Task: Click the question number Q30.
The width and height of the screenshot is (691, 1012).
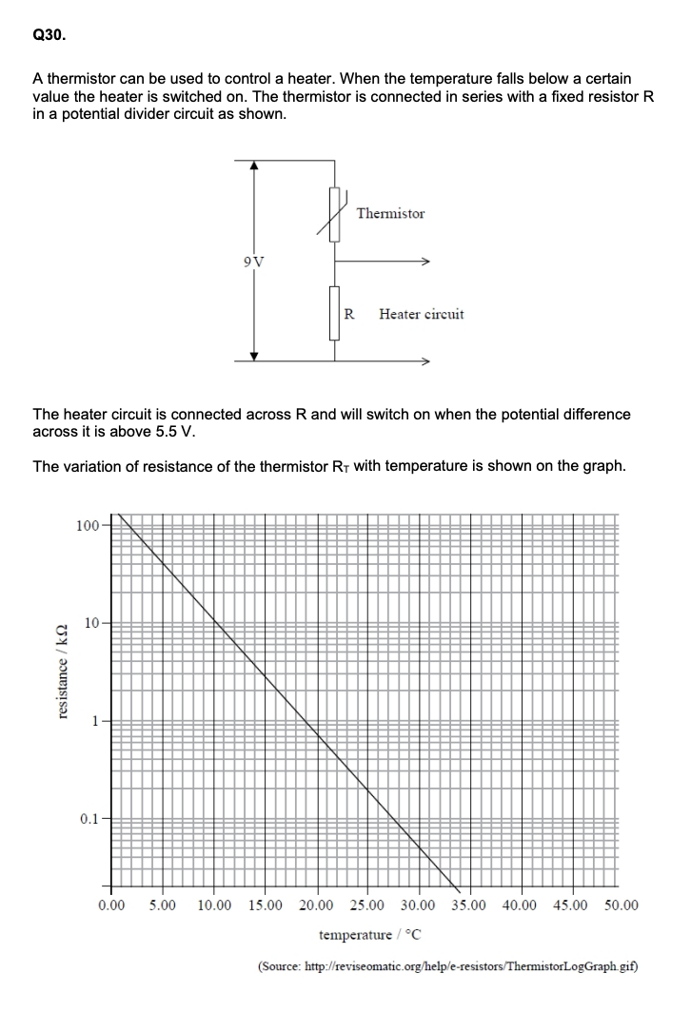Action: point(49,35)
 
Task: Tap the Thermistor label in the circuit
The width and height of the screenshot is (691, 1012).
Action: point(390,214)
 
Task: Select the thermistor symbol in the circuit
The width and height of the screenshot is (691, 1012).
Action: point(334,214)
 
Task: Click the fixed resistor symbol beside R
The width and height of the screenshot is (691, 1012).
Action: point(334,313)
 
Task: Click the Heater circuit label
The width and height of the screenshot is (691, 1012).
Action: point(421,313)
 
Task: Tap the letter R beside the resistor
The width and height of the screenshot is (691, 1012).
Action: point(349,313)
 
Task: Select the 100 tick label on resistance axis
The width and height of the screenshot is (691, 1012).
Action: point(87,524)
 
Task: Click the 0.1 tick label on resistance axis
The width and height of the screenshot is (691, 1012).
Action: point(89,818)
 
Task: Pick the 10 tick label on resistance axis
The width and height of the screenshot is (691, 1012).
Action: point(91,623)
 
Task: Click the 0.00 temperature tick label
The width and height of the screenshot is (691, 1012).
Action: point(111,905)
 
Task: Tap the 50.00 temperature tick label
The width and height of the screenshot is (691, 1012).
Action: point(622,905)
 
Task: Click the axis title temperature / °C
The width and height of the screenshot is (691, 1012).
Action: point(367,935)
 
